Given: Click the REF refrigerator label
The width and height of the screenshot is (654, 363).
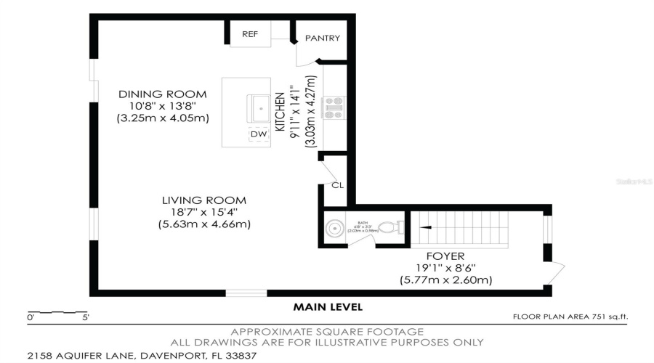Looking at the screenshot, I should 250,34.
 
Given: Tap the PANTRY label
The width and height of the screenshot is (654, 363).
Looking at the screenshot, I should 322,38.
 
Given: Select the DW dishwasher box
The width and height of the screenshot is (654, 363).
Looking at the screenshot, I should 259,134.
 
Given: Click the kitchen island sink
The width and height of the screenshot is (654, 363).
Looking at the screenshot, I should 257,109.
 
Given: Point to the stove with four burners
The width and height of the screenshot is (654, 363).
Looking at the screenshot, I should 335,107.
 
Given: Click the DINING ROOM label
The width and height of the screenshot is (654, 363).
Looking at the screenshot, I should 163,94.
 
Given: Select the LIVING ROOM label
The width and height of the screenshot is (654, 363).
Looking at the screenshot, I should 204,200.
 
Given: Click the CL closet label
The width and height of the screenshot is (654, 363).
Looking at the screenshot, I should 337,185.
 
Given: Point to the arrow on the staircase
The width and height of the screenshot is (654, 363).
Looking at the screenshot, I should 427,227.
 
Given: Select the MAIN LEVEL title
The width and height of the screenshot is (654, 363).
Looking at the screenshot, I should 328,307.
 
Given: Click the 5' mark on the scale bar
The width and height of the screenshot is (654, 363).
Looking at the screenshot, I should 85,317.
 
